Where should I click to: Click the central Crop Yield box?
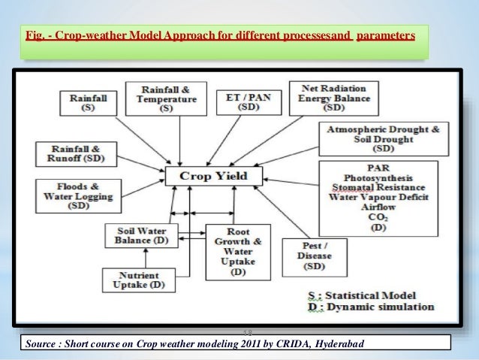[x=214, y=177]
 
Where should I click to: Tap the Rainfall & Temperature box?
[x=166, y=98]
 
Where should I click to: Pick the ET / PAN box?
[x=249, y=102]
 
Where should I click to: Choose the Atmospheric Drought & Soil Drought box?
[x=384, y=140]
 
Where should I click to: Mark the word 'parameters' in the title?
[x=385, y=36]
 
